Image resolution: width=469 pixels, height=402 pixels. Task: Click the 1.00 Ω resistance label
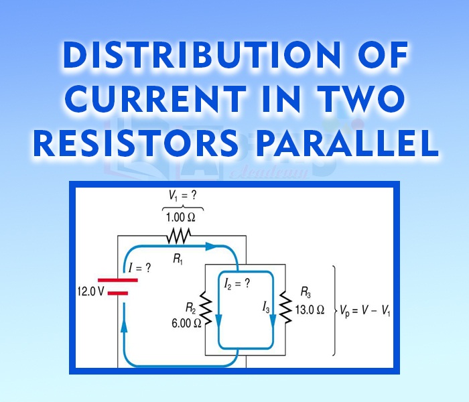pos(182,217)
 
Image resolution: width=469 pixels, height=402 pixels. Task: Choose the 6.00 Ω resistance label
pos(186,322)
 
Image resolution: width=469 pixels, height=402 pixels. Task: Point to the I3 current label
pos(267,308)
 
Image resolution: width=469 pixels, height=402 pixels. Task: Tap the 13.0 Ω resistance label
pos(310,310)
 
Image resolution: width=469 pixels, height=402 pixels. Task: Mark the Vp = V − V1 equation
pos(367,310)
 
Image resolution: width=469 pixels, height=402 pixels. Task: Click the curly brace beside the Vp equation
pos(334,310)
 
